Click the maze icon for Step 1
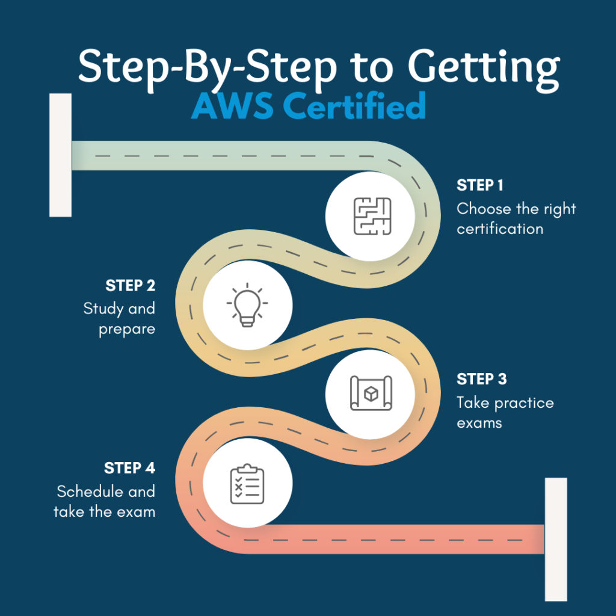pos(372,216)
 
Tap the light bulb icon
pos(247,305)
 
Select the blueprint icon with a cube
pos(371,393)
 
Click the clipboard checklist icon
pos(247,484)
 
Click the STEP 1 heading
pos(479,185)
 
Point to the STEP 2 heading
pos(130,286)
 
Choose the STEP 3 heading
pos(482,379)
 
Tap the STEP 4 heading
pos(130,468)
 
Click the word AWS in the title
pos(232,106)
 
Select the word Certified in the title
pos(354,105)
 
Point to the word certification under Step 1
pos(500,229)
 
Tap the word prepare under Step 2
pos(127,329)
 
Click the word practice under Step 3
pos(524,402)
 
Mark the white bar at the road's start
pos(61,155)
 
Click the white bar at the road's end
pos(556,540)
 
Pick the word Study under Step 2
pos(103,309)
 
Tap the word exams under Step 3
pos(479,423)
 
